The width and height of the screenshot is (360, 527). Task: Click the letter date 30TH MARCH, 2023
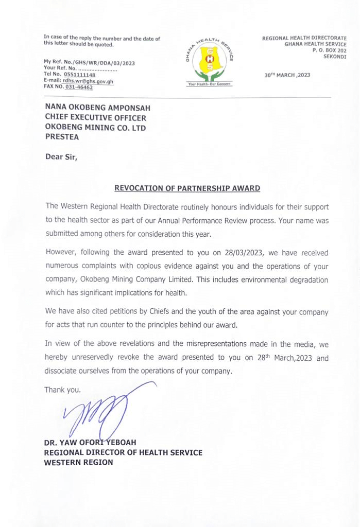click(287, 75)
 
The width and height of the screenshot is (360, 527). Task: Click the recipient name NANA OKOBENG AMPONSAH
click(98, 108)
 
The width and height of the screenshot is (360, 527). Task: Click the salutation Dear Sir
click(61, 158)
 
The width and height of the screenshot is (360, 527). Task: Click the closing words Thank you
click(63, 390)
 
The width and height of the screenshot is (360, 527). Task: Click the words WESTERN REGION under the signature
click(79, 462)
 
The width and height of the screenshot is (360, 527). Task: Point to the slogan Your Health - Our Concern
click(210, 83)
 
